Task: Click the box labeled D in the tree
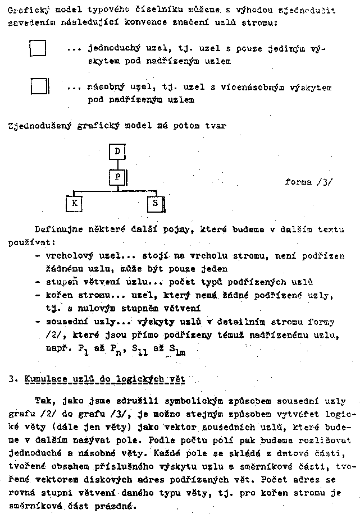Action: [x=117, y=152]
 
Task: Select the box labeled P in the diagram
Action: [x=117, y=177]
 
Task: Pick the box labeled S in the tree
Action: [x=155, y=203]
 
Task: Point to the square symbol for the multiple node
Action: [x=39, y=87]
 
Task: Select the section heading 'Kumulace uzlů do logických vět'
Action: [x=105, y=379]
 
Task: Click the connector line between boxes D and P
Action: [x=117, y=164]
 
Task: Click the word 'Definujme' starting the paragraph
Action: [x=58, y=230]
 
